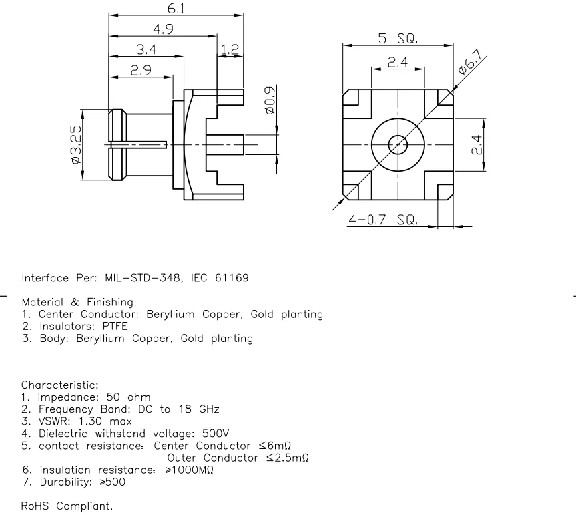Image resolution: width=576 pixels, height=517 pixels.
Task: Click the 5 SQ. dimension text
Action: coord(398,39)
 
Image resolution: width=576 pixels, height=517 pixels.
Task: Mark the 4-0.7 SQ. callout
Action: coord(382,220)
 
